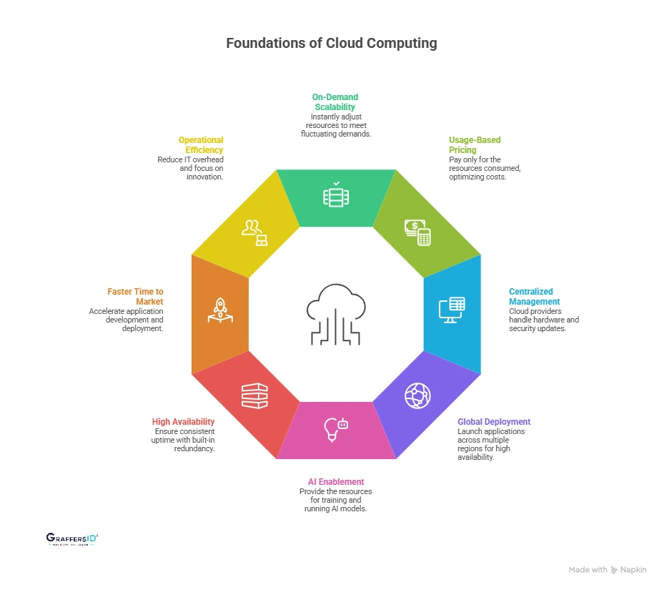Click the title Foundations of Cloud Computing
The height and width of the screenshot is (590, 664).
(x=332, y=43)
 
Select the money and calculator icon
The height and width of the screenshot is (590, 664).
(x=417, y=232)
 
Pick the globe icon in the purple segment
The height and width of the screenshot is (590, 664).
(x=417, y=395)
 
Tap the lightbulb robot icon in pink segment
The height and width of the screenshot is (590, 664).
(x=336, y=428)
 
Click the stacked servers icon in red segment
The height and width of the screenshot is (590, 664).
(x=254, y=395)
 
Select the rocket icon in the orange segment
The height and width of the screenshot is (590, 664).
(x=220, y=310)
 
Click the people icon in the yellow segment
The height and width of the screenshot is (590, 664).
(x=254, y=232)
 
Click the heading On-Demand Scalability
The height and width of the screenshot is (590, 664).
(x=335, y=102)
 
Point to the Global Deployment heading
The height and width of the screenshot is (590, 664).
(x=494, y=422)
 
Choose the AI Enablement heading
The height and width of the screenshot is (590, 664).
(x=335, y=482)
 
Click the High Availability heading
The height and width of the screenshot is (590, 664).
(x=183, y=422)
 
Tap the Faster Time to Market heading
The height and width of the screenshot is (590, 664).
(x=136, y=297)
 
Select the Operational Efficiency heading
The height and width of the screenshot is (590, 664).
(x=201, y=145)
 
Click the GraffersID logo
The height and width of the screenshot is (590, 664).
(x=71, y=539)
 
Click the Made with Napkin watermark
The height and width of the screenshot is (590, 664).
(x=608, y=570)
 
